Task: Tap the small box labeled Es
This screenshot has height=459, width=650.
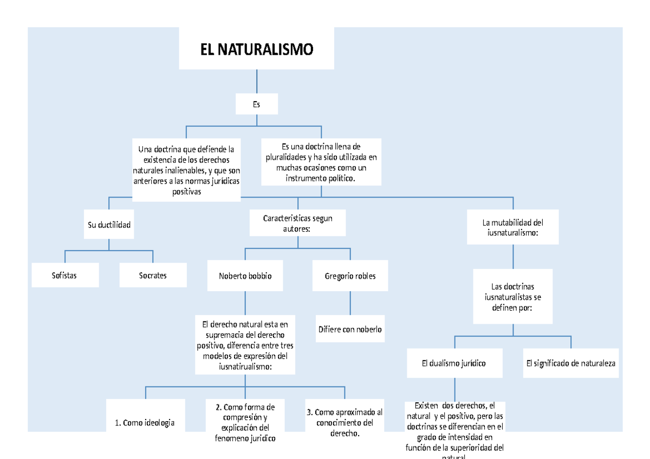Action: (x=257, y=104)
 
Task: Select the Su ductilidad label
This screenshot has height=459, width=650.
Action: (x=109, y=225)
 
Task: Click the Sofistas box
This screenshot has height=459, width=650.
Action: (x=64, y=275)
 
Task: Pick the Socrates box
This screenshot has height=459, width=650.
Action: (x=153, y=275)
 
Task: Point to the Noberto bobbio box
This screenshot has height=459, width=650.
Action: (x=245, y=276)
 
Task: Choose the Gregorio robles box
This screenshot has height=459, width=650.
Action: (x=350, y=276)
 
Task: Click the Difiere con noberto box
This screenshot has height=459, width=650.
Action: (x=350, y=329)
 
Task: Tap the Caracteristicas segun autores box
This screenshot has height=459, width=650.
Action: (x=297, y=224)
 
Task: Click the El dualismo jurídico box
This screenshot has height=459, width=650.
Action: (x=454, y=363)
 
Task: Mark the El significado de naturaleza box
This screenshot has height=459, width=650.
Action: (x=570, y=363)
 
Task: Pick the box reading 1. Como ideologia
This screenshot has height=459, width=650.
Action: (x=145, y=423)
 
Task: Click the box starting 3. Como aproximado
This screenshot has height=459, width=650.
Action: (x=344, y=422)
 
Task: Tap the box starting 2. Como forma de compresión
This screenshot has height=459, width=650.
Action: (x=245, y=422)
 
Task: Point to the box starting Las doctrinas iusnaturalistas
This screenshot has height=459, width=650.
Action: (x=512, y=297)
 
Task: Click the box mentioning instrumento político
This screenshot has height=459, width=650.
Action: (x=321, y=162)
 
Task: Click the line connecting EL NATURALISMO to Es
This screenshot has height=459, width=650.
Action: (x=257, y=82)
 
